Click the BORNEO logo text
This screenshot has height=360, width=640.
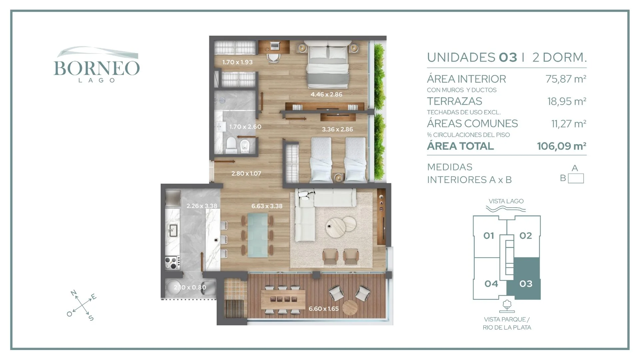click(97, 68)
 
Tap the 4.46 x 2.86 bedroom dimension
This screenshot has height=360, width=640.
click(326, 94)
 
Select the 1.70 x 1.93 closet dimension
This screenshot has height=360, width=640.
click(237, 62)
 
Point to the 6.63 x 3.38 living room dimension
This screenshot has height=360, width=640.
click(267, 206)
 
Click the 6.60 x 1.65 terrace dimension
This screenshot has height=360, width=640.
click(323, 309)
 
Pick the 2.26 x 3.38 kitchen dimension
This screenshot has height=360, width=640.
click(202, 206)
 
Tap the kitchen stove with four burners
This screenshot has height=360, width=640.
click(172, 262)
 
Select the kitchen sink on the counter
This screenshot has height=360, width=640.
click(173, 230)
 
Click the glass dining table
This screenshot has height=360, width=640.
click(257, 235)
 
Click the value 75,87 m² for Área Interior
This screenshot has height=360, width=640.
click(566, 79)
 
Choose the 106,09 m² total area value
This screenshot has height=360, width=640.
click(562, 146)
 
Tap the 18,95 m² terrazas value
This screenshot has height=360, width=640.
click(567, 101)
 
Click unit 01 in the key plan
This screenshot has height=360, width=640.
click(489, 236)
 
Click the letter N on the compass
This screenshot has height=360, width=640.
click(74, 293)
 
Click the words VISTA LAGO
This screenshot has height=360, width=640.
click(506, 201)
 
